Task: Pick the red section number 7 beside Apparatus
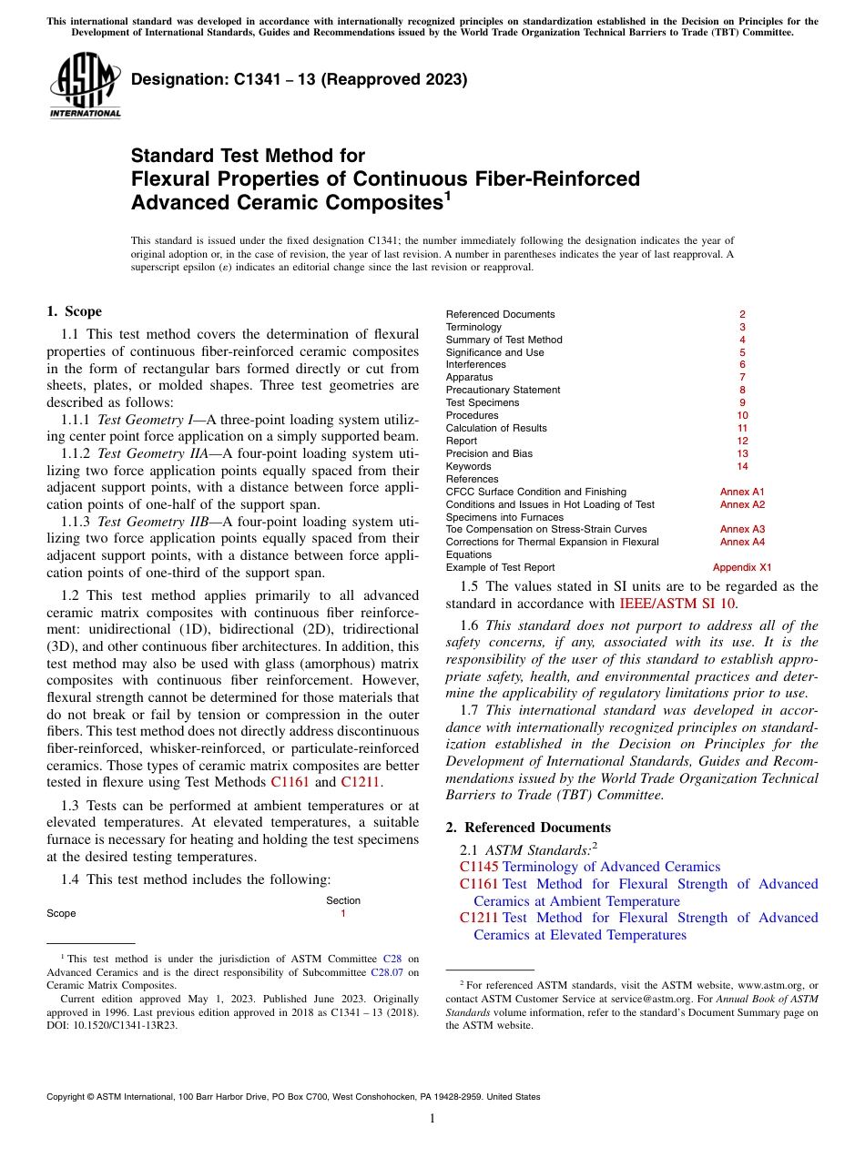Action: tap(742, 377)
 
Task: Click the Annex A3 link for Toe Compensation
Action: tap(742, 529)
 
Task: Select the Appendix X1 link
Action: tap(741, 567)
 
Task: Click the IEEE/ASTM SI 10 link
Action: tap(677, 603)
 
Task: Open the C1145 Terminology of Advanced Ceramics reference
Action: tap(590, 867)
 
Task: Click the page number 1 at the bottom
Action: tap(432, 1119)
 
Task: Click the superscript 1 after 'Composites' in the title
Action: tap(446, 194)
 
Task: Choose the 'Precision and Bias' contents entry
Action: tap(489, 453)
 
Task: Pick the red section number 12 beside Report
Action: tap(742, 441)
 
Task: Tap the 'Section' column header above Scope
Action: tap(342, 900)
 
